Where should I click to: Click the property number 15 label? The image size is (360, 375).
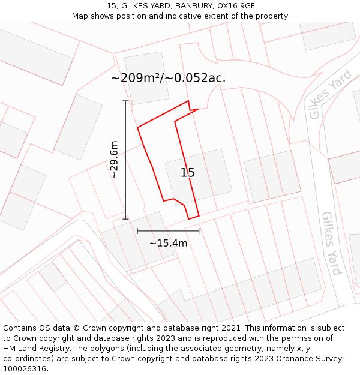click(188, 173)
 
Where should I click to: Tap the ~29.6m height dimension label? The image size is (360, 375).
click(114, 160)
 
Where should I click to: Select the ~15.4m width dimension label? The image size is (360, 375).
click(168, 243)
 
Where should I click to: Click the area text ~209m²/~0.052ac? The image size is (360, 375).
click(168, 78)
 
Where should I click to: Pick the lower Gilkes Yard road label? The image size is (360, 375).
click(331, 242)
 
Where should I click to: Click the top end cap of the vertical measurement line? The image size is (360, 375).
click(125, 101)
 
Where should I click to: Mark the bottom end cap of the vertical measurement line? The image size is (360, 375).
click(125, 219)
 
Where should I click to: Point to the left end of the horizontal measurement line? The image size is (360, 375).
click(137, 230)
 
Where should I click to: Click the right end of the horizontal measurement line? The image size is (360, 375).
click(199, 230)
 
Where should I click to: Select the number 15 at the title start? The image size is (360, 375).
click(112, 6)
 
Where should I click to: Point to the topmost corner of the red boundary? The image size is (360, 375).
click(188, 101)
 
